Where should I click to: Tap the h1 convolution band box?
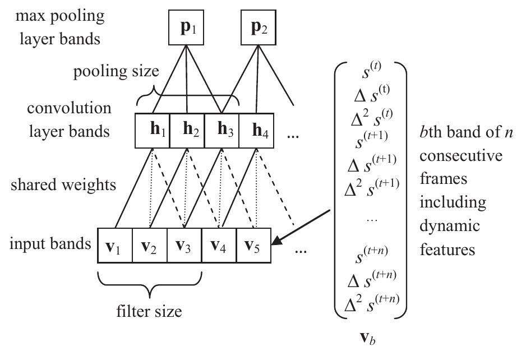153,131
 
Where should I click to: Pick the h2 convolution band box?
187,131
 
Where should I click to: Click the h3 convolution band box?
222,131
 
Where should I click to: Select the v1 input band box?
115,245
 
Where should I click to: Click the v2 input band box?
150,245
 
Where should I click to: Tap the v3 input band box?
184,245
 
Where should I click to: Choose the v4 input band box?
219,245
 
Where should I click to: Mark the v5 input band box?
253,245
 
